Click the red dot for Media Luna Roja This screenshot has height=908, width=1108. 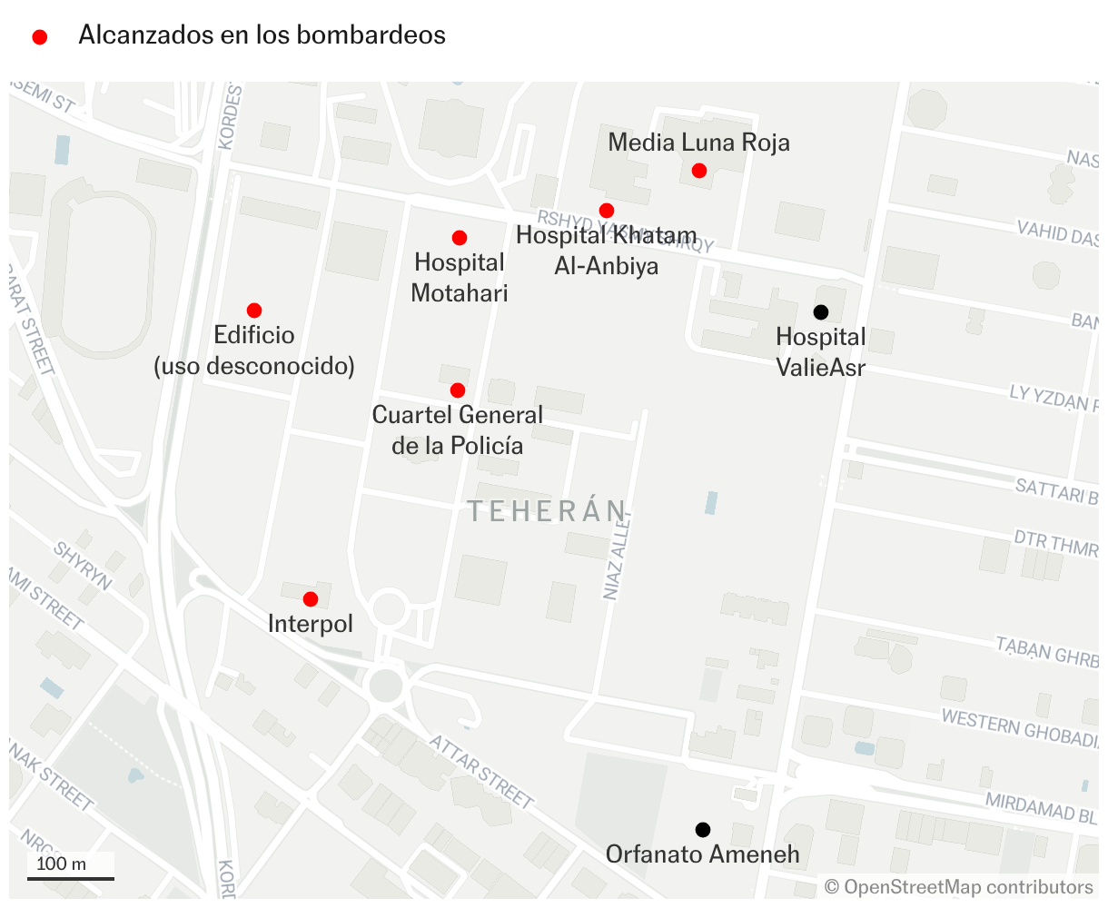(x=699, y=171)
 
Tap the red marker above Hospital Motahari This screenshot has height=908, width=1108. (x=460, y=238)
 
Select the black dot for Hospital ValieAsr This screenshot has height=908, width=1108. (x=821, y=312)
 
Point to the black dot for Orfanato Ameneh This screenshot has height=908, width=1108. (x=703, y=830)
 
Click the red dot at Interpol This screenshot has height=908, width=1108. (x=311, y=599)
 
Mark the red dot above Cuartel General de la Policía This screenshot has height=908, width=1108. (x=458, y=390)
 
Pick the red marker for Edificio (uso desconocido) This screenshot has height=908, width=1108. (x=254, y=311)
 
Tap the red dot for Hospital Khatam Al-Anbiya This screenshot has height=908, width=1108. (x=607, y=211)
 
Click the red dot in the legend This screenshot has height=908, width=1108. (x=40, y=37)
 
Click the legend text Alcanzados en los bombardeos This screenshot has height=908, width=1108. (x=262, y=35)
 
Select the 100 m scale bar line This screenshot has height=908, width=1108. (x=71, y=878)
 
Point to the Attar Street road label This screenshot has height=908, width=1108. (x=481, y=771)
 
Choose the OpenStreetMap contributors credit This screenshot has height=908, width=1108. (x=959, y=887)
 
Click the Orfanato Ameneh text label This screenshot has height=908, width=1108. (x=703, y=854)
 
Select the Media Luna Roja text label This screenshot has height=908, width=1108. (x=698, y=143)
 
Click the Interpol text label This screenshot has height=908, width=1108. (x=311, y=624)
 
